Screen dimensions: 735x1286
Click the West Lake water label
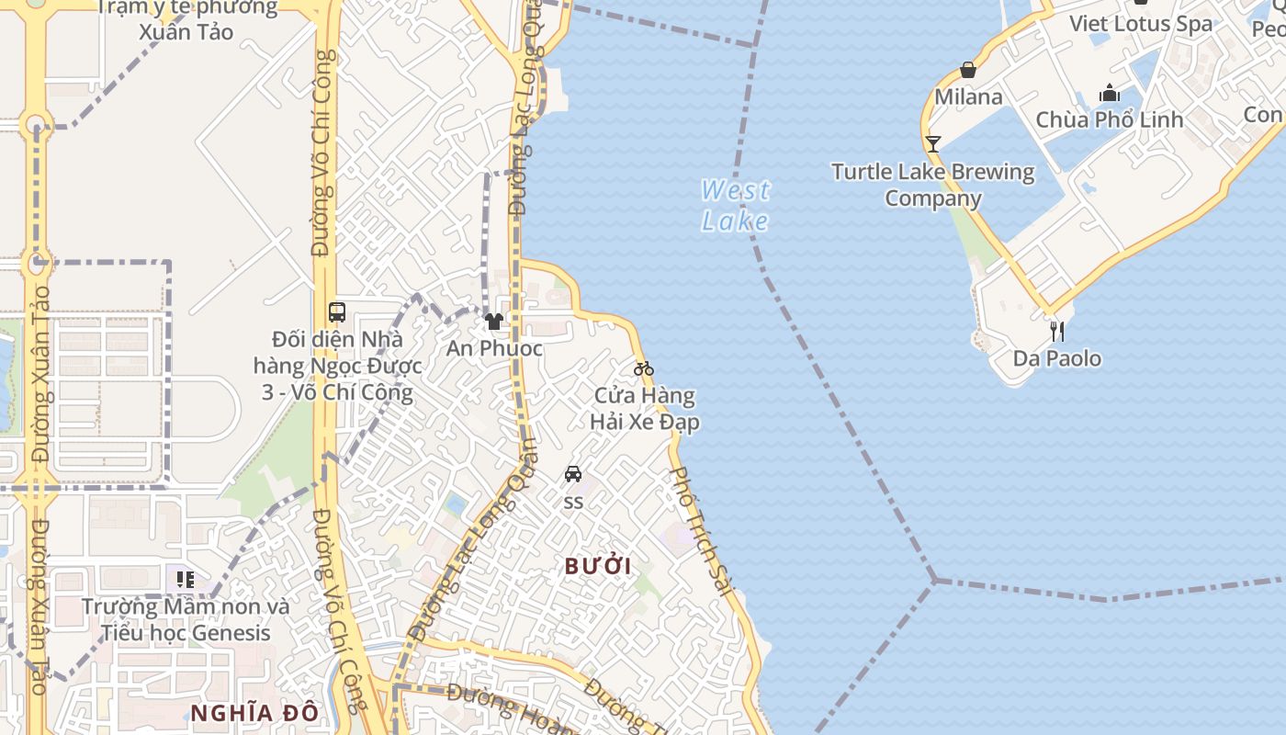tap(735, 205)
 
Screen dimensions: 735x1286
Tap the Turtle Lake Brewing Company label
tap(932, 185)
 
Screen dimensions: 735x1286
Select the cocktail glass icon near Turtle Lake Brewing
tap(932, 143)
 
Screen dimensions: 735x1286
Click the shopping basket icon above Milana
tap(968, 70)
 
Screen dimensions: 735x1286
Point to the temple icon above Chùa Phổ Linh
tap(1110, 93)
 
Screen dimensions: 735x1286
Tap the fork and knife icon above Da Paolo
tap(1057, 331)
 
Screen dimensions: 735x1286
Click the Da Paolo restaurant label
tap(1057, 358)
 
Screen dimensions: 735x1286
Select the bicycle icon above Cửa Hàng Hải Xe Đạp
tap(644, 368)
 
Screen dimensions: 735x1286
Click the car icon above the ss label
tap(573, 474)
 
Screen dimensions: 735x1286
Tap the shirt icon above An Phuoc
tap(494, 322)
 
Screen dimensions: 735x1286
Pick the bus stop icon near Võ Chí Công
tap(337, 311)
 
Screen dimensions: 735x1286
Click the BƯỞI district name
tap(598, 566)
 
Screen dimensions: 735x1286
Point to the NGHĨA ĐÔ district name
tap(254, 712)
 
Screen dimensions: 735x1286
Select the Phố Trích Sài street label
tap(704, 530)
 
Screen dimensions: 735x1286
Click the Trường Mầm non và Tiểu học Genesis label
tap(186, 619)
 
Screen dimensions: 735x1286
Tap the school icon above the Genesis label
tap(186, 579)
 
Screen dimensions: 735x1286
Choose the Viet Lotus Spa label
tap(1140, 24)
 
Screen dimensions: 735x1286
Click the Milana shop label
tap(968, 96)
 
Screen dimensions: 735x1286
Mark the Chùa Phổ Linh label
tap(1110, 119)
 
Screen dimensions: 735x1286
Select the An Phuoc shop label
tap(494, 349)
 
